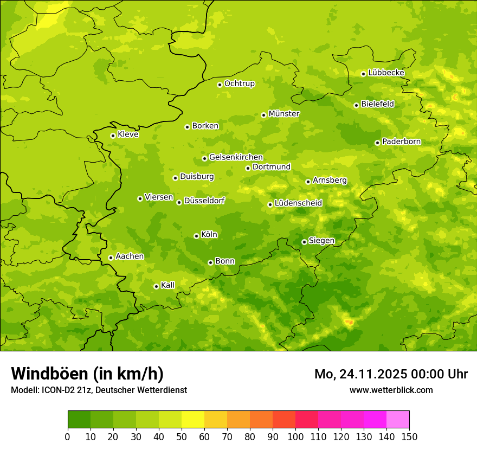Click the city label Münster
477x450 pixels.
(284, 114)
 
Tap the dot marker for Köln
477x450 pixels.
(196, 236)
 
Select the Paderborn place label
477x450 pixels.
(402, 142)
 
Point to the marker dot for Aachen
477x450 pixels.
(111, 258)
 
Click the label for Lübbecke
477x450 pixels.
(386, 73)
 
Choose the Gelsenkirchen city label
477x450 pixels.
(236, 157)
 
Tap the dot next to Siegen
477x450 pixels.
(304, 242)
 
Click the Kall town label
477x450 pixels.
(168, 285)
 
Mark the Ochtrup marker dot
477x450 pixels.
(220, 84)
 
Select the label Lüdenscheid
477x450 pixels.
(298, 203)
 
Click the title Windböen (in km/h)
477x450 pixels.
(87, 374)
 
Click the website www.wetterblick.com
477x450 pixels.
(391, 390)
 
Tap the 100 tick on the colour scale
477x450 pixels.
(295, 436)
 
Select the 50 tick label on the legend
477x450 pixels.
(182, 436)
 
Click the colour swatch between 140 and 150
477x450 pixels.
(398, 420)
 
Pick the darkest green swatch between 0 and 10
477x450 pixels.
(79, 420)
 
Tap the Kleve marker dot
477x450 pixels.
(113, 136)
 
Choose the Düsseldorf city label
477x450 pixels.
(204, 201)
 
